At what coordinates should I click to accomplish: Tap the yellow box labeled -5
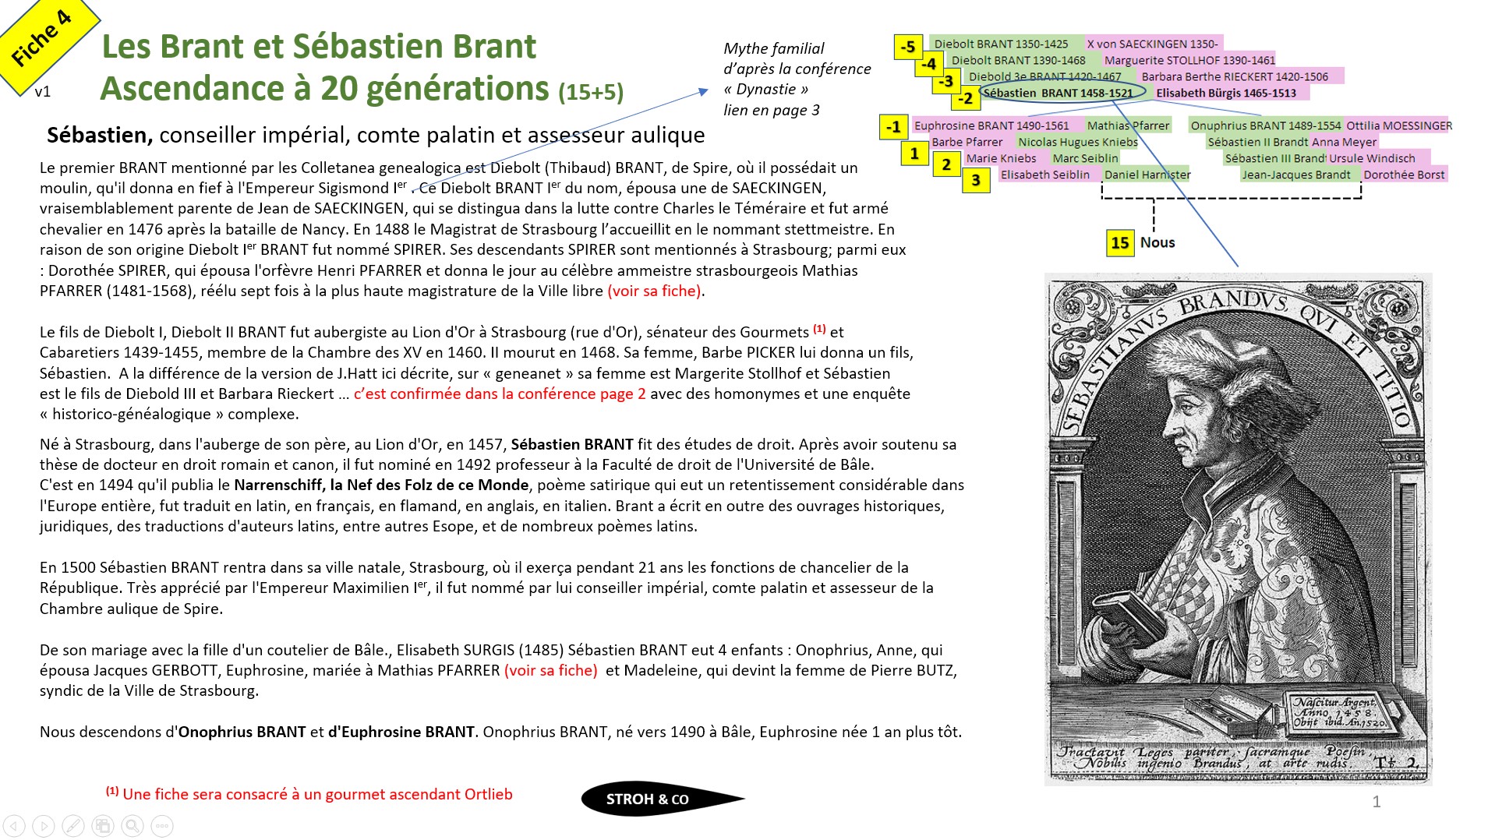click(908, 47)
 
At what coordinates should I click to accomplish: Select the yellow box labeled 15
click(1120, 242)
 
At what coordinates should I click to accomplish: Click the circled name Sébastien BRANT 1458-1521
click(1058, 93)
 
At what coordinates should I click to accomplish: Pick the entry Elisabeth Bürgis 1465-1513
click(1226, 93)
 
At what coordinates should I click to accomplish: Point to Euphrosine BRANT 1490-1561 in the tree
click(991, 125)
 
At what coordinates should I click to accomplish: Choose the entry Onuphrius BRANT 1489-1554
click(1265, 125)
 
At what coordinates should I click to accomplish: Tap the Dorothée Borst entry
click(1404, 175)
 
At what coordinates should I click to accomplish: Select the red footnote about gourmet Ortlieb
click(309, 794)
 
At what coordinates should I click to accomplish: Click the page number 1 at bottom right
click(1377, 802)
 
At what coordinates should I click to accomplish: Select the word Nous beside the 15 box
click(1157, 242)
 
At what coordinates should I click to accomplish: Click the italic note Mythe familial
click(773, 48)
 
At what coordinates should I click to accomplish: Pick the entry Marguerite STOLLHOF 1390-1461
click(1189, 60)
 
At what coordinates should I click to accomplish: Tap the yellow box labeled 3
click(975, 181)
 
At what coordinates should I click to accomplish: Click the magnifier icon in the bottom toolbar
click(133, 826)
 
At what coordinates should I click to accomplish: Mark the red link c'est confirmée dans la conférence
click(499, 394)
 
